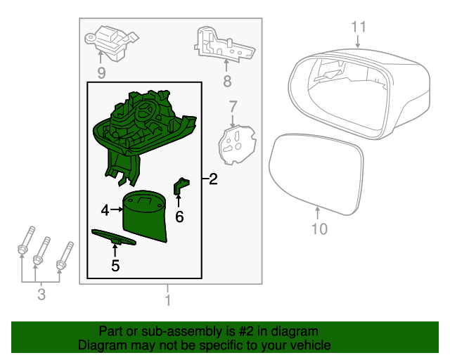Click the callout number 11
pyautogui.click(x=359, y=27)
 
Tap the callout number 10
pyautogui.click(x=319, y=229)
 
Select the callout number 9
pyautogui.click(x=101, y=73)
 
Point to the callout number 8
pyautogui.click(x=227, y=82)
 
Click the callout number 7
pyautogui.click(x=233, y=106)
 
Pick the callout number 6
pyautogui.click(x=179, y=217)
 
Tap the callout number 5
pyautogui.click(x=115, y=266)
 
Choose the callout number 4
pyautogui.click(x=105, y=210)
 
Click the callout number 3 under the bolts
pyautogui.click(x=41, y=295)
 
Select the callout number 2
pyautogui.click(x=213, y=179)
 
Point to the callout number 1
pyautogui.click(x=168, y=300)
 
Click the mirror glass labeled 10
pyautogui.click(x=316, y=174)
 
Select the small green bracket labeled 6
pyautogui.click(x=181, y=186)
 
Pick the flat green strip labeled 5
pyautogui.click(x=114, y=238)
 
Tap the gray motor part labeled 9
pyautogui.click(x=111, y=43)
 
